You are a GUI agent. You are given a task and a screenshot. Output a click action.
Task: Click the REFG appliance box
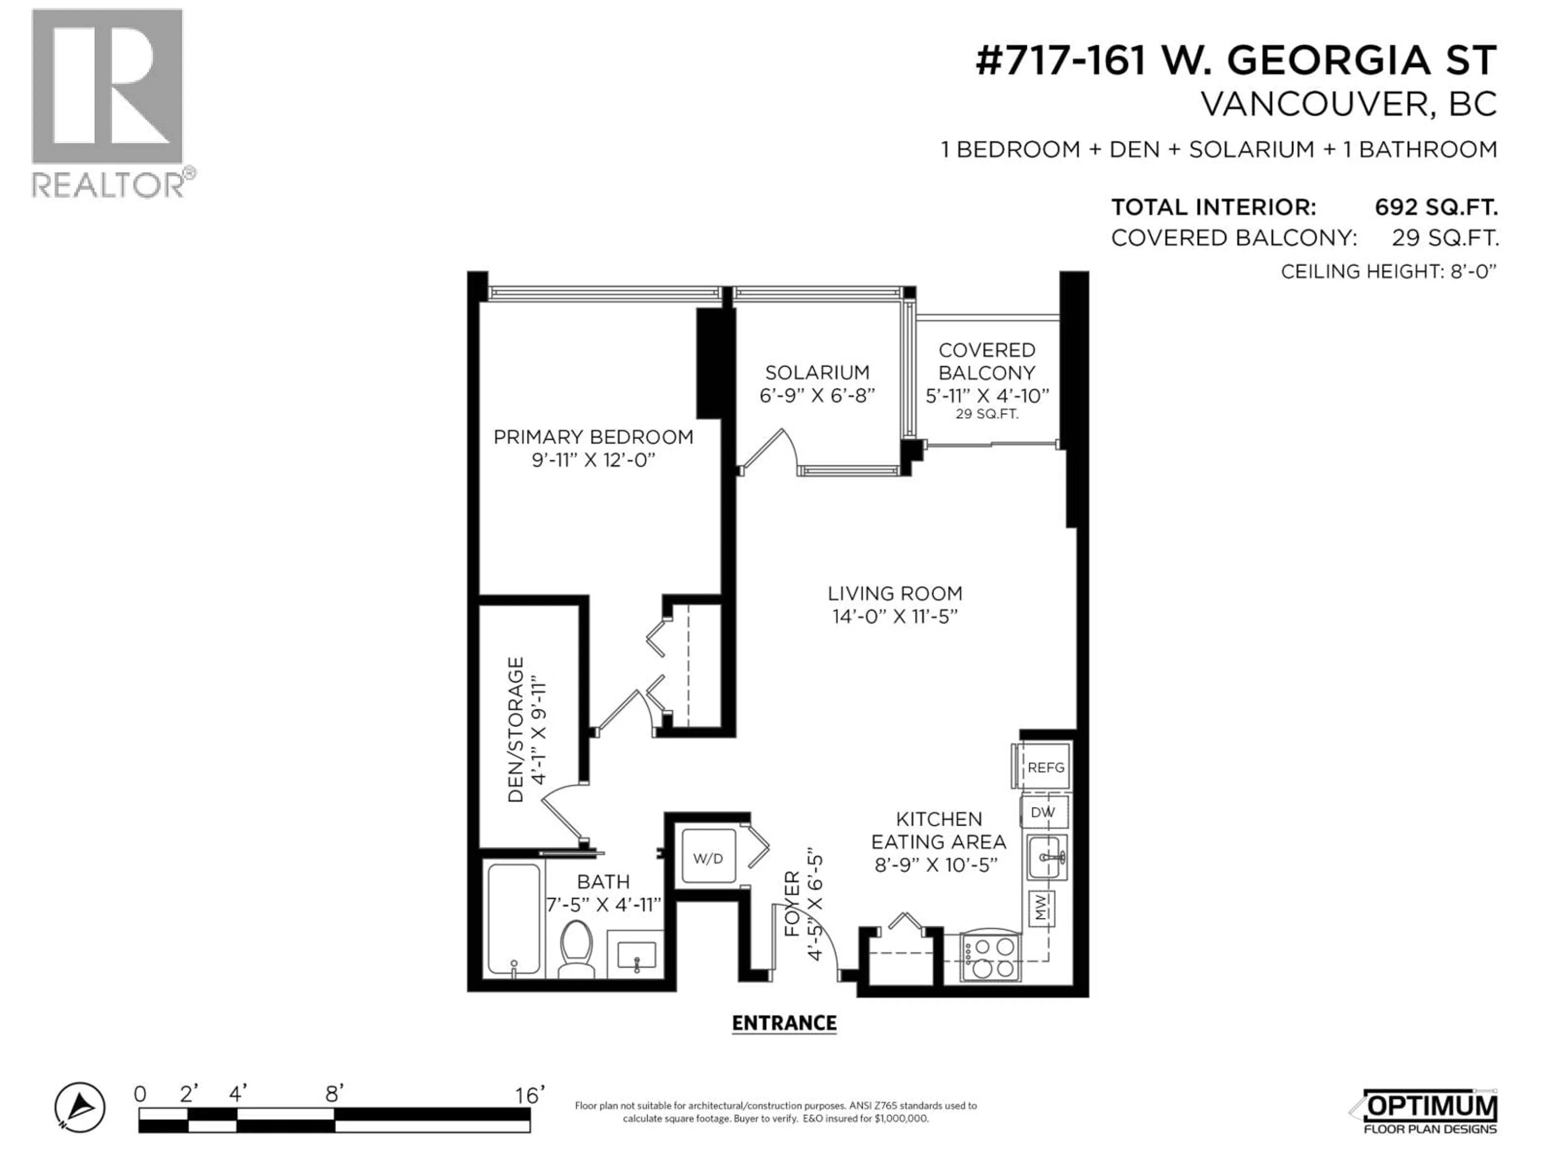1045,767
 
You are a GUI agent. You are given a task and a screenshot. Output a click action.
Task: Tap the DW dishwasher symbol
1043,812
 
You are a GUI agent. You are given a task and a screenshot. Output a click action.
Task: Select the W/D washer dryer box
707,858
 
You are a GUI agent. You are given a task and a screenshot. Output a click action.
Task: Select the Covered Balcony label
987,361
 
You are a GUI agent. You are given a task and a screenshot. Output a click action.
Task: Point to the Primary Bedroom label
593,438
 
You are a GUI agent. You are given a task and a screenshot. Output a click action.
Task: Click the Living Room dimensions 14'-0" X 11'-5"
895,617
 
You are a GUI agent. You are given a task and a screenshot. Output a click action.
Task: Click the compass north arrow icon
80,1107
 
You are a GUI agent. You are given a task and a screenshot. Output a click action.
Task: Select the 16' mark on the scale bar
529,1095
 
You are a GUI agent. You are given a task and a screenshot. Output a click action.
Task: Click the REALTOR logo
109,102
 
